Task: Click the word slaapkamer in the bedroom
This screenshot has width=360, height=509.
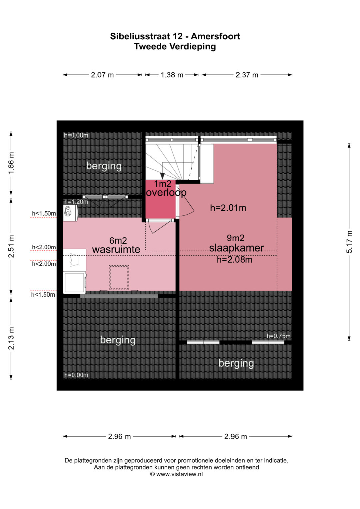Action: coord(236,248)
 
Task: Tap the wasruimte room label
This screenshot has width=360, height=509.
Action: coord(116,250)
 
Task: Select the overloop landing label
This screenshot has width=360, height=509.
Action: coord(166,193)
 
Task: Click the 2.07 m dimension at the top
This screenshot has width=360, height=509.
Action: coord(102,75)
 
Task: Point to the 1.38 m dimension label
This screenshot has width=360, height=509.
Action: coord(172,75)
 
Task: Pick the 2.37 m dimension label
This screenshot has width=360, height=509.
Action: coord(247,75)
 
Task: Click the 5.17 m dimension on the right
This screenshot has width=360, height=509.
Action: coord(349,242)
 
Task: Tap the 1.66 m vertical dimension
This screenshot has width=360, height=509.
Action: coord(11,163)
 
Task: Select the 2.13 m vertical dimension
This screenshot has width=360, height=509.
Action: coord(11,338)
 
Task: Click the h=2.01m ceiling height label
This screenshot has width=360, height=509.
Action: coord(228,208)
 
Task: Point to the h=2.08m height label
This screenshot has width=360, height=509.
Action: coord(234,259)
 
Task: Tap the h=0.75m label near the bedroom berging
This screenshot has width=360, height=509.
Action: coord(278,336)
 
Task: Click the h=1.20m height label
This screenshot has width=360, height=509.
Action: coord(76,202)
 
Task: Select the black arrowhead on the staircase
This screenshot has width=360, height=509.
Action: coord(162,176)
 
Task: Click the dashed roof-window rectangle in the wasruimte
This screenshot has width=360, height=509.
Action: coord(119,278)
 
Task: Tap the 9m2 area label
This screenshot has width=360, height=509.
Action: coord(235,238)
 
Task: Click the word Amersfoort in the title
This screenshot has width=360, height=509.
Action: coord(215,36)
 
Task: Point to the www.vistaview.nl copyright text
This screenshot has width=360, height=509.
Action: coord(176,474)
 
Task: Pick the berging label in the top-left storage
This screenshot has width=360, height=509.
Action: coord(104,166)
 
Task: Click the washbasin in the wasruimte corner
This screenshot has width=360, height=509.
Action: coord(70,213)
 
